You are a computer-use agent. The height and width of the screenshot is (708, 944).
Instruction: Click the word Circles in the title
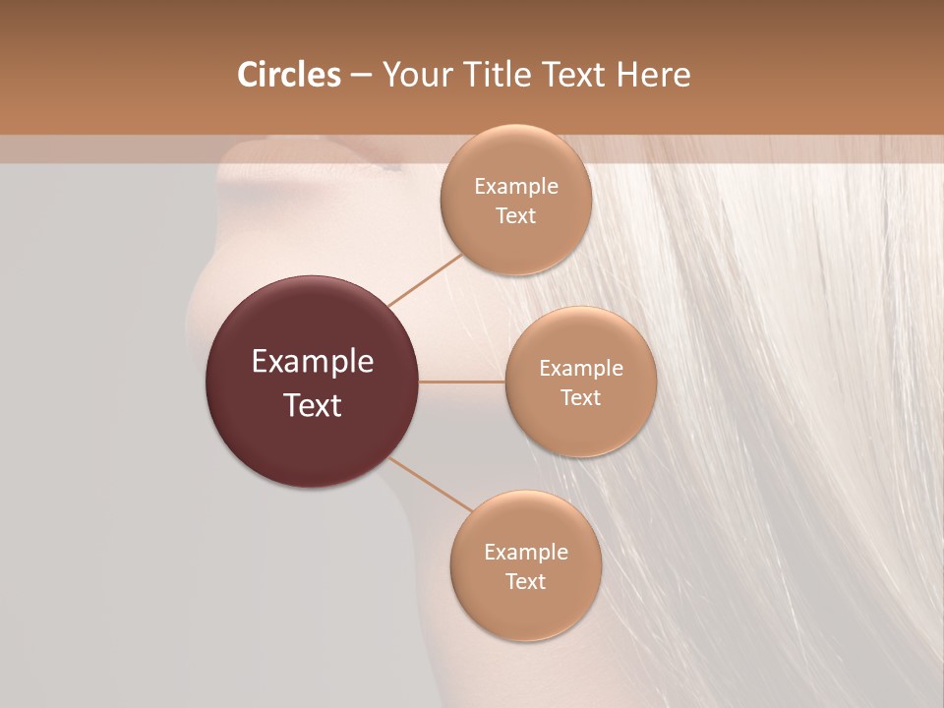point(288,75)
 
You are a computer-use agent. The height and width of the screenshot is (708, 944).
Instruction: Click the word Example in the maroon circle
point(313,362)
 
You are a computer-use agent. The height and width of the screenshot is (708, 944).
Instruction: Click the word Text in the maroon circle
point(313,405)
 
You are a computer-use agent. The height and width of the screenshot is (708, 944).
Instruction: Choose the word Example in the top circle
point(516,187)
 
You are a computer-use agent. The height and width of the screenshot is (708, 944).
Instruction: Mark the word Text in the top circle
point(515,216)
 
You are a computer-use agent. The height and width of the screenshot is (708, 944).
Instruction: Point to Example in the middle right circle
point(581,369)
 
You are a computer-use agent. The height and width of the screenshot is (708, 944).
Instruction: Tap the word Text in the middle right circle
point(580,398)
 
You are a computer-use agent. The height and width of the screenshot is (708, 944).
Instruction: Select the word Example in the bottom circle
point(526,553)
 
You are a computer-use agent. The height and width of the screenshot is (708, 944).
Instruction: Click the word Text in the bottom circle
point(525,582)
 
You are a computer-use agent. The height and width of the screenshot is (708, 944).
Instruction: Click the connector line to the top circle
point(425,280)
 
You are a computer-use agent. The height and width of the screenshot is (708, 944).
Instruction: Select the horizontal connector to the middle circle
point(462,382)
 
